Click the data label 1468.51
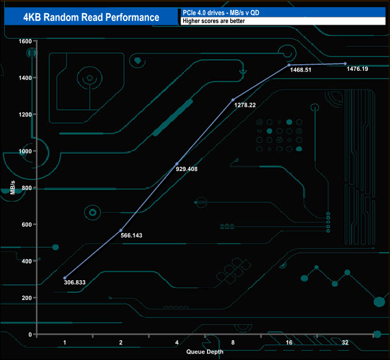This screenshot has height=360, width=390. [x=302, y=70]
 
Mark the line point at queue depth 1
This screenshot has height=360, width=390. [x=65, y=278]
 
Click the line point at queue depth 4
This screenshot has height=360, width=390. [x=176, y=164]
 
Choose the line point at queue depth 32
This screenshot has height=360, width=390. [x=345, y=64]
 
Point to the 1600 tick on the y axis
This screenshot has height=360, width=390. [x=24, y=41]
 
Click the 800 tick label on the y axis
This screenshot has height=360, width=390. [x=26, y=188]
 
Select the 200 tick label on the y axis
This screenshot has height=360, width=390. [x=26, y=298]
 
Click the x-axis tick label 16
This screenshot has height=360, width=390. [x=289, y=343]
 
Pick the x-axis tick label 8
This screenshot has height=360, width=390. [x=233, y=343]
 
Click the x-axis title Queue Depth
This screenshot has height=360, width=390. [x=204, y=352]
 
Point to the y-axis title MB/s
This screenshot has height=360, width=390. [x=13, y=188]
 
